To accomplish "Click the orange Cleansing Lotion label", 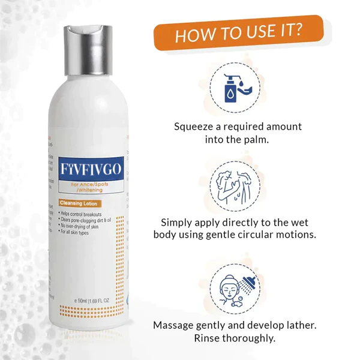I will [x=77, y=204].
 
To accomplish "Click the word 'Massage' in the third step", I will [x=175, y=325].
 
